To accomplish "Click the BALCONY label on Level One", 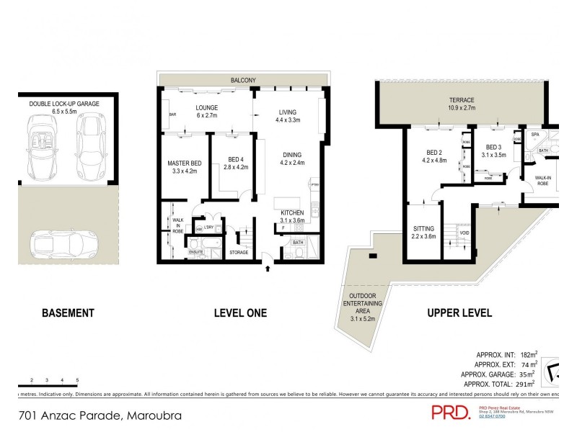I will coord(243,80).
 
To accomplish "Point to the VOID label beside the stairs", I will coord(464,233).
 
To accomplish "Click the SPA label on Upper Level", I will coord(536,135).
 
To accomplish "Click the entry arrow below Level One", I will coord(268,269).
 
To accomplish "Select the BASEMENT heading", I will coord(68,313).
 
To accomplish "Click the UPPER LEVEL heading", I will coord(459,313).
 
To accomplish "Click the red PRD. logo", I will coord(450,412).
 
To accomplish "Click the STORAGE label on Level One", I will coord(239,252).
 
